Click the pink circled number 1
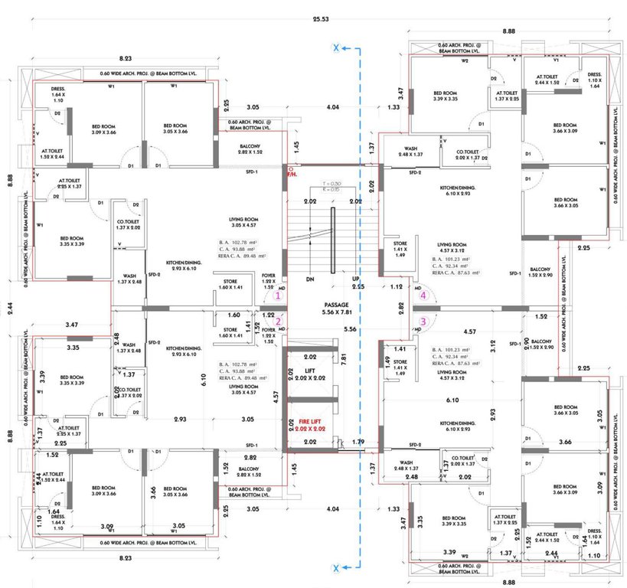279,294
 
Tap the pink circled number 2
279,322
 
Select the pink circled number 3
423,322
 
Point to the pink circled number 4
423,294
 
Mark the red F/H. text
292,175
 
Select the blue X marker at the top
335,48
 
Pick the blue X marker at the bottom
335,567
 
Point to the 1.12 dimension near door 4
396,287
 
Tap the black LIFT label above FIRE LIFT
310,372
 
